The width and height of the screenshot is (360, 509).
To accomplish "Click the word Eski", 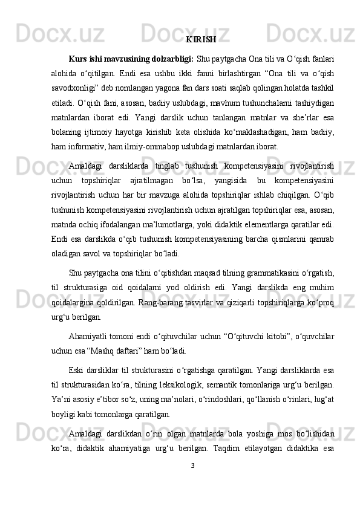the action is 77,368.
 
